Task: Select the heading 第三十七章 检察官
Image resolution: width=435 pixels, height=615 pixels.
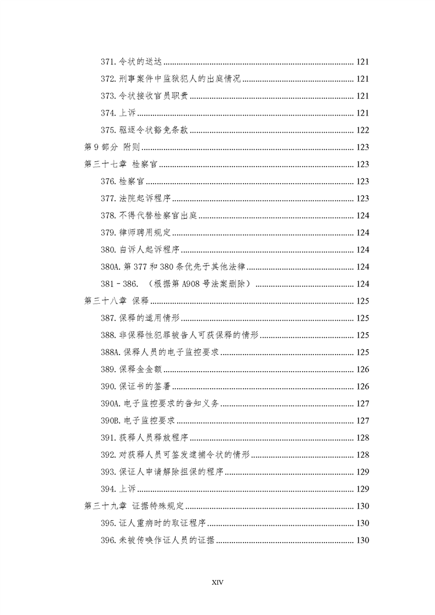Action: [x=122, y=164]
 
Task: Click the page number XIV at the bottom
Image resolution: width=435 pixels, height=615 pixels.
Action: [x=217, y=582]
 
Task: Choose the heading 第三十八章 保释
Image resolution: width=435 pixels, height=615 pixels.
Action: [x=117, y=301]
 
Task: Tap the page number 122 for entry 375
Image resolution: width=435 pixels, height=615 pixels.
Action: [x=363, y=130]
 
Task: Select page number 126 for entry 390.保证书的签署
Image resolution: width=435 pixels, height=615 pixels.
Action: [x=363, y=386]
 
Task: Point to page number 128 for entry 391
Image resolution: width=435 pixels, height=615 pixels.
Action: [x=363, y=438]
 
